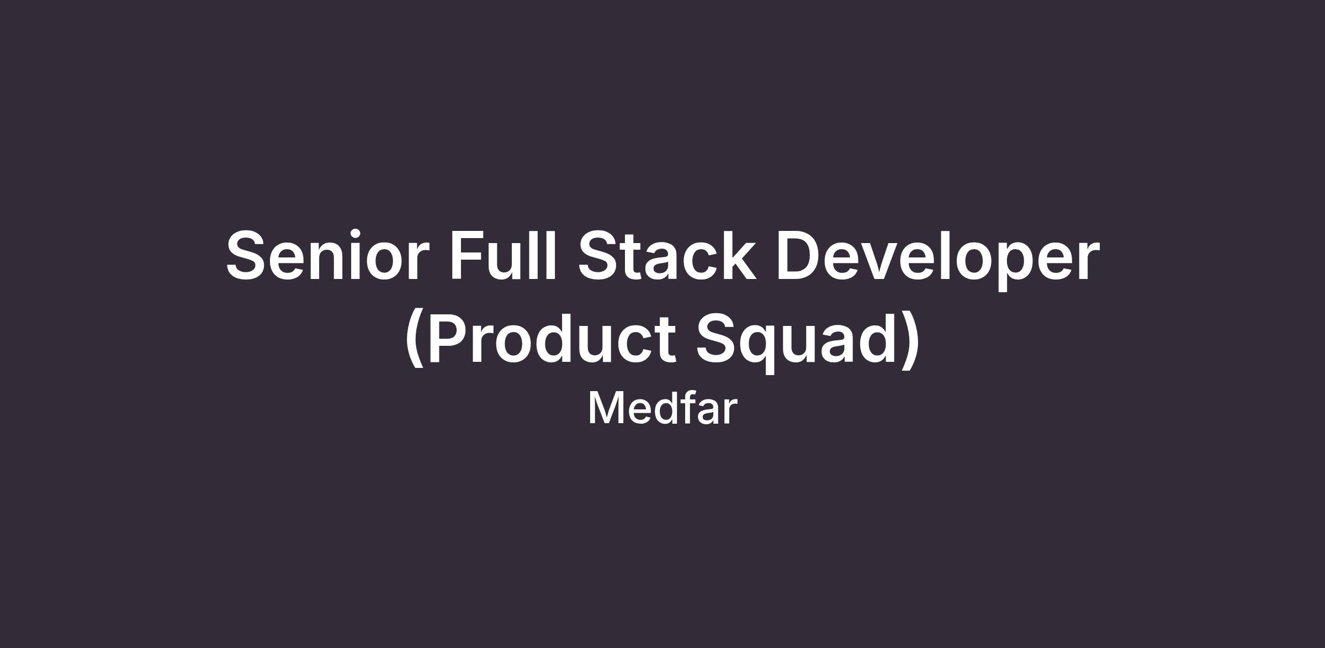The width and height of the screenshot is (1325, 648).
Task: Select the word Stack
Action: pyautogui.click(x=666, y=254)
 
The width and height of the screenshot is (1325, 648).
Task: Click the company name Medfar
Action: pyautogui.click(x=662, y=408)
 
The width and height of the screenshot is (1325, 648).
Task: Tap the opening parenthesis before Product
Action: pyautogui.click(x=414, y=339)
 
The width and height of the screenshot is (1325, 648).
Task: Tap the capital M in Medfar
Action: pyautogui.click(x=606, y=408)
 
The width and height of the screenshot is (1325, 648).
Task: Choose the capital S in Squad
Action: pyautogui.click(x=718, y=338)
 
